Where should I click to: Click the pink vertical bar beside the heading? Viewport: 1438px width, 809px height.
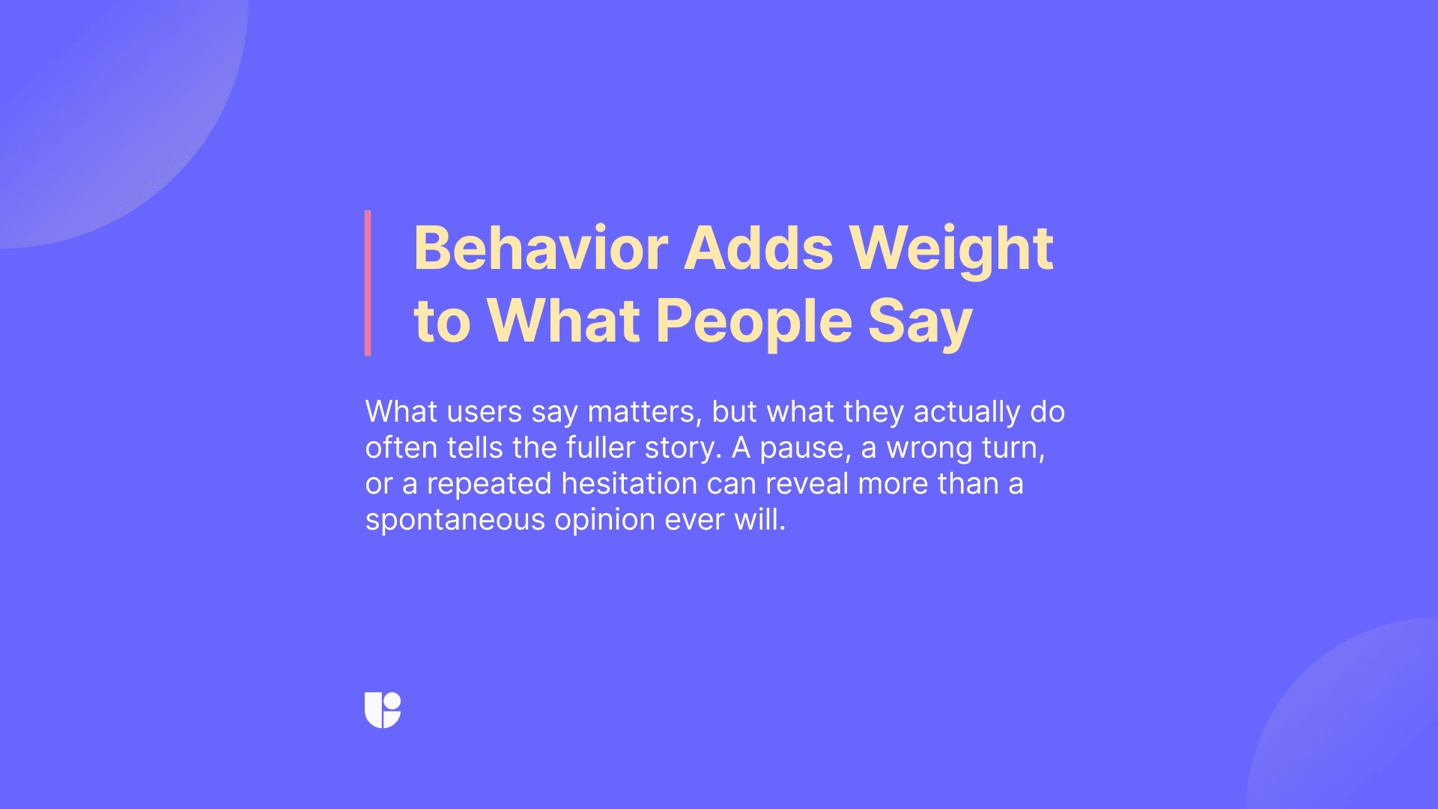click(x=368, y=282)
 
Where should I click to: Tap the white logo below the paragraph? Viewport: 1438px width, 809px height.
click(x=383, y=709)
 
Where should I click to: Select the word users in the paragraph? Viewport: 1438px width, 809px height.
click(x=484, y=412)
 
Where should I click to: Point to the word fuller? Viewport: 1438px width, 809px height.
click(x=601, y=448)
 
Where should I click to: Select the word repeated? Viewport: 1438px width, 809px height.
click(x=489, y=484)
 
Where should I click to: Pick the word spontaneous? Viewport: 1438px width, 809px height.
click(x=455, y=520)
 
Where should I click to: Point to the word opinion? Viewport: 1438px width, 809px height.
click(x=604, y=520)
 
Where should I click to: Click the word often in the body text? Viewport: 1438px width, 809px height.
click(x=401, y=448)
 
